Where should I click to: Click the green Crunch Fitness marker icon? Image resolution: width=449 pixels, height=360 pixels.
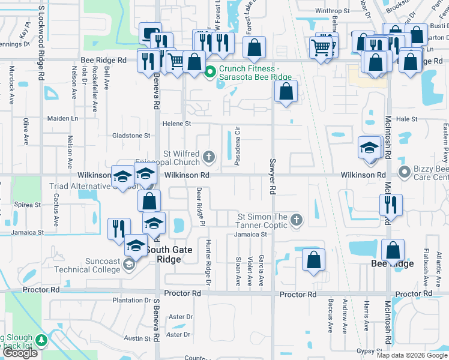pos(209,73)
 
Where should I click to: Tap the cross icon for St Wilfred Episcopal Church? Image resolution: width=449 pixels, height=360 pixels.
pos(209,157)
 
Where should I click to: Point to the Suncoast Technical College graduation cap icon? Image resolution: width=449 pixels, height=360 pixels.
pos(128,265)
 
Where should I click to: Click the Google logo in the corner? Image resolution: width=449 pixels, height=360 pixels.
pos(20,353)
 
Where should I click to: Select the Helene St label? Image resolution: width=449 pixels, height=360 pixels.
pos(176,124)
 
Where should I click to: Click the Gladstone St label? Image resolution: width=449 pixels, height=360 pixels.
pos(131,136)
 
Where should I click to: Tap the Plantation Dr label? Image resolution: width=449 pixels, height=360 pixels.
pos(131,300)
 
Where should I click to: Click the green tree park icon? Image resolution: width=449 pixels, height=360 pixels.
pos(41,341)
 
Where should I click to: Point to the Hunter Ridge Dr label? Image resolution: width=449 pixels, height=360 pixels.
pos(208,263)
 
